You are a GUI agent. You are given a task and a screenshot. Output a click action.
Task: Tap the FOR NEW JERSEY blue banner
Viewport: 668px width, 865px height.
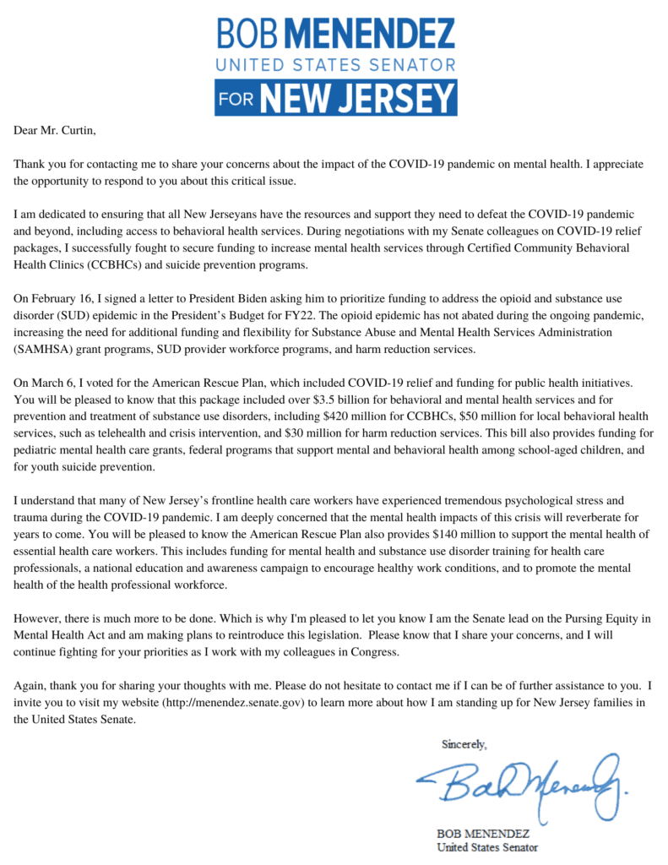(335, 97)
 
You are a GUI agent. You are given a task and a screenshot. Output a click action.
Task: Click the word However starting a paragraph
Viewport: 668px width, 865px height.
(40, 618)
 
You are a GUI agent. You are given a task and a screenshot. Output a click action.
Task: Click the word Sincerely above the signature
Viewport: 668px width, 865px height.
(464, 744)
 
